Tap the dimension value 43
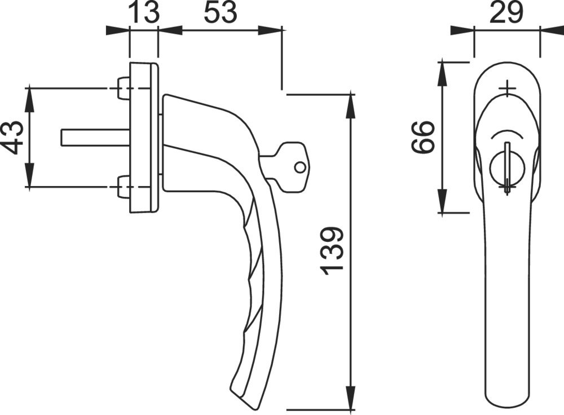14,138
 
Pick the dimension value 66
423,137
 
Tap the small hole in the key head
301,167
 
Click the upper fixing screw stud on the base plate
124,89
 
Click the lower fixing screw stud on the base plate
124,187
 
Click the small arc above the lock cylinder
507,134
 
